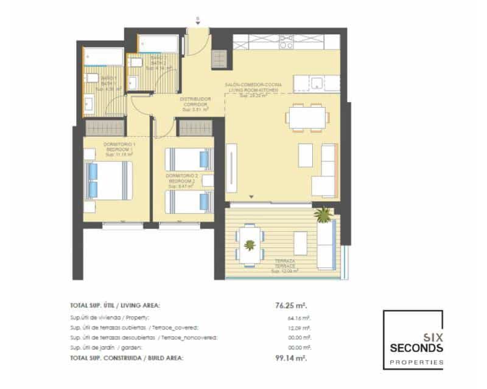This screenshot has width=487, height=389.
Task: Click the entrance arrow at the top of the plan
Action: [197, 23]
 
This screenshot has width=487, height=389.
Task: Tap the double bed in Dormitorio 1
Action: [110, 181]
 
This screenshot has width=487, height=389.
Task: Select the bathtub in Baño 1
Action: [103, 57]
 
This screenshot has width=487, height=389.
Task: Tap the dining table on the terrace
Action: [250, 245]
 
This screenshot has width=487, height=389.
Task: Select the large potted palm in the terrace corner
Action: [323, 214]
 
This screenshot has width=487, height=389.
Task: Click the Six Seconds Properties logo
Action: [413, 340]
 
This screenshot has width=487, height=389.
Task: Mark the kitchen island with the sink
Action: [316, 83]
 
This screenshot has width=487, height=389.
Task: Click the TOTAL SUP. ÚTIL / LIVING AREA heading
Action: [116, 306]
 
